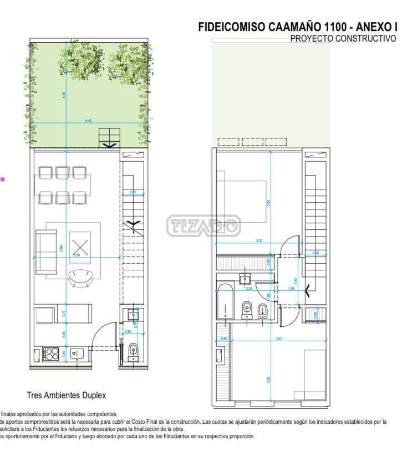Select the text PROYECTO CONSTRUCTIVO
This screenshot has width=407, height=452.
click(x=343, y=39)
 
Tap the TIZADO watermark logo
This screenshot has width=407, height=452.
click(x=203, y=225)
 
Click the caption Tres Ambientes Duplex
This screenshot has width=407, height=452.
click(x=66, y=395)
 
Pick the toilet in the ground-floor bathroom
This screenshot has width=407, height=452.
click(x=133, y=351)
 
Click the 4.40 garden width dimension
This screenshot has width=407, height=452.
click(x=88, y=120)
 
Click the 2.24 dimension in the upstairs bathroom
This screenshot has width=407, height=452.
click(x=250, y=289)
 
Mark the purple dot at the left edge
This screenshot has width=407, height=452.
click(x=2, y=179)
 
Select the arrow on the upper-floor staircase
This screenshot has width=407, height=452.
click(x=308, y=288)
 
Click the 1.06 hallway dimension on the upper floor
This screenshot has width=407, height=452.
click(x=291, y=289)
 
